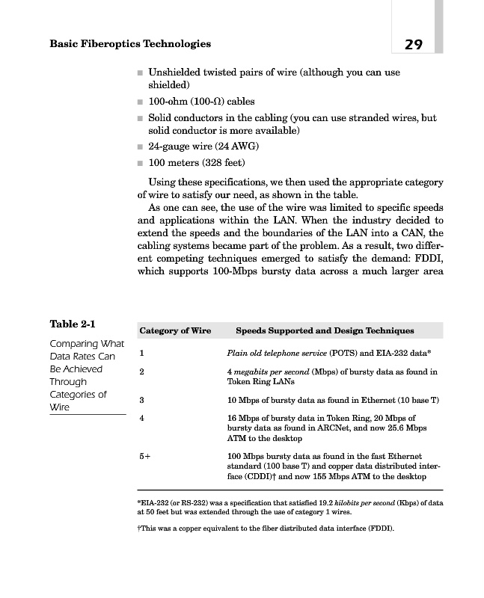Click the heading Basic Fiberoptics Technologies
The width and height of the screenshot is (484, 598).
point(129,44)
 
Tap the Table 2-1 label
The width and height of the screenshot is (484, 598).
point(73,324)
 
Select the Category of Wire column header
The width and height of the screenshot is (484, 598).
point(175,330)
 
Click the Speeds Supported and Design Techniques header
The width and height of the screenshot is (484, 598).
point(325,330)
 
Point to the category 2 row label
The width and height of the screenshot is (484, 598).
point(142,372)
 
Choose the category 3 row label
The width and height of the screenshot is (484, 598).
point(142,400)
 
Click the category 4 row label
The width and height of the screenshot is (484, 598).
point(142,418)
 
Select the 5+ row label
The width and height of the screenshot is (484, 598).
point(145,456)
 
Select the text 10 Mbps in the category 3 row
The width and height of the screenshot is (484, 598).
point(242,400)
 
